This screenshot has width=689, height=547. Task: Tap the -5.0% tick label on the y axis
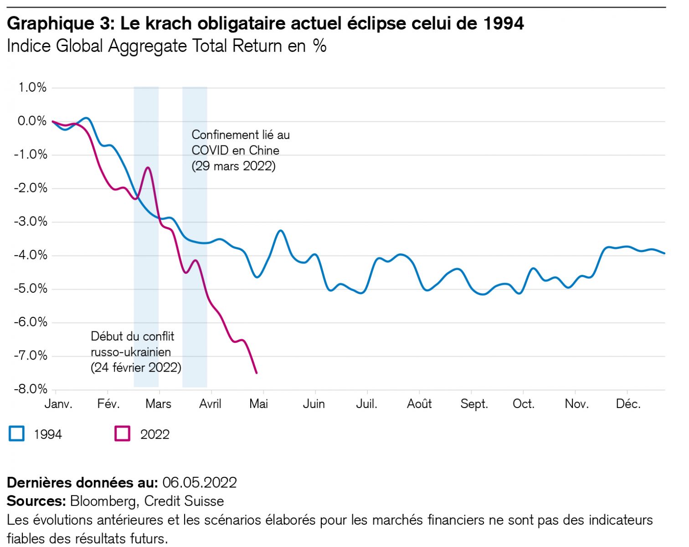tap(31, 289)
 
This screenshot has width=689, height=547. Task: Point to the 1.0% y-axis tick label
tap(32, 87)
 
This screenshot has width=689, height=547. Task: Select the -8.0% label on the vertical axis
tap(31, 389)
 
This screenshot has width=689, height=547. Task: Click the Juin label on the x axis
tap(314, 404)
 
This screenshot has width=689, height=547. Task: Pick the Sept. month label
tap(474, 404)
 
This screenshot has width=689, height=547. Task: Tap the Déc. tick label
tap(628, 404)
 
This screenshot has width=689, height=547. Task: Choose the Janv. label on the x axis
tap(58, 404)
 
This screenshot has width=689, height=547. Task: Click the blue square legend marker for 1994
tap(17, 433)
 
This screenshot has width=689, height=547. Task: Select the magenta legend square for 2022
tap(122, 433)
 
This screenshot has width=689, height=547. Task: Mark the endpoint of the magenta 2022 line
tap(257, 373)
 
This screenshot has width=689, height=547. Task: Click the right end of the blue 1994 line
tap(664, 253)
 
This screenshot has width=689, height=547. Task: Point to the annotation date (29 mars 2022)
tap(234, 166)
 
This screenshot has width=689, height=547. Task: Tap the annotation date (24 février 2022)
tap(136, 367)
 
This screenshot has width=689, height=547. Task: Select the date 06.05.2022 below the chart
tap(199, 482)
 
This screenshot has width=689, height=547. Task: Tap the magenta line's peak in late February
tap(148, 168)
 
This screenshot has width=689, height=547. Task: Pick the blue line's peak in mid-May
tap(281, 231)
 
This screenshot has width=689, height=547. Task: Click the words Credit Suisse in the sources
tap(184, 501)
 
